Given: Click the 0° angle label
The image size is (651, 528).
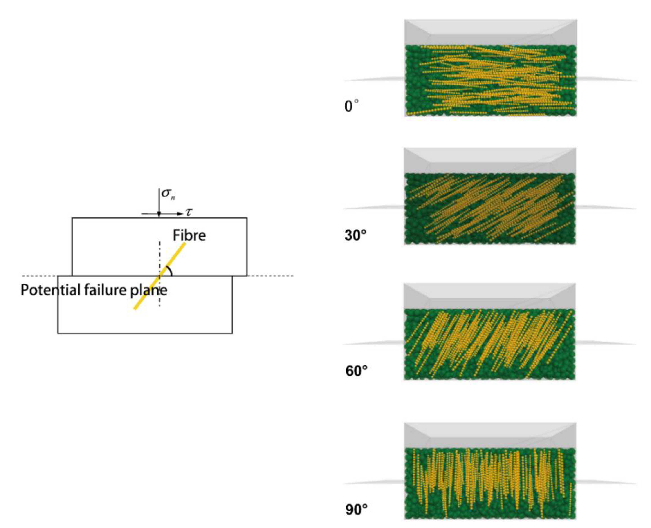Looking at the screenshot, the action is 351,106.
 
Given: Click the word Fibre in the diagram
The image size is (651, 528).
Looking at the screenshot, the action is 189,235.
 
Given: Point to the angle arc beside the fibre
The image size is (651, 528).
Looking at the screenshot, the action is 169,270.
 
